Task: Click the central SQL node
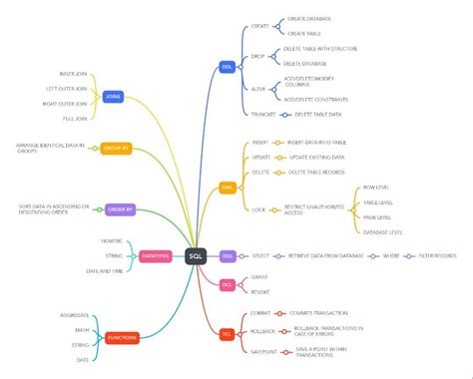point(197,256)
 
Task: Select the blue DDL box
point(228,68)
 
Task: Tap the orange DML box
point(228,187)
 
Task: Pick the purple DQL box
point(228,256)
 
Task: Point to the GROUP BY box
point(116,148)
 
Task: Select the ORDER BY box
point(120,210)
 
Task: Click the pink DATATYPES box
point(156,256)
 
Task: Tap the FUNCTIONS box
point(123,338)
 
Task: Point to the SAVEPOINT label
point(263,348)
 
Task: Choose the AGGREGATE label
point(74,311)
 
